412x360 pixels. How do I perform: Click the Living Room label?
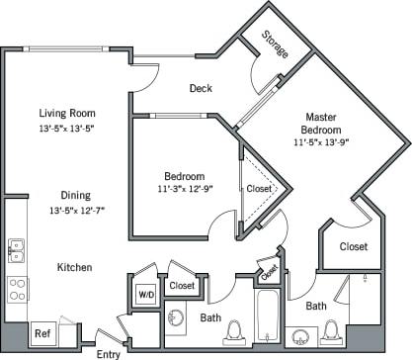click(66, 113)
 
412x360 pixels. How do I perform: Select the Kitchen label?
click(74, 267)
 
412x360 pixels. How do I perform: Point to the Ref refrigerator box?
click(42, 333)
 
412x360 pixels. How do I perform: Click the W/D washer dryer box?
click(144, 294)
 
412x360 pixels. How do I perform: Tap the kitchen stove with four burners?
click(17, 289)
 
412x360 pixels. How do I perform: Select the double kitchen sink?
click(16, 250)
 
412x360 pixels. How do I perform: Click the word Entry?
click(108, 352)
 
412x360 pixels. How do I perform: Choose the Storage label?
click(275, 45)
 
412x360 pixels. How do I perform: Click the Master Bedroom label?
click(322, 123)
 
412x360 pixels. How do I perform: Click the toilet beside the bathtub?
click(236, 331)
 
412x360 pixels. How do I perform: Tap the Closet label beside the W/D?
click(182, 286)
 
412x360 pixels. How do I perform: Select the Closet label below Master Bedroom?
click(353, 246)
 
